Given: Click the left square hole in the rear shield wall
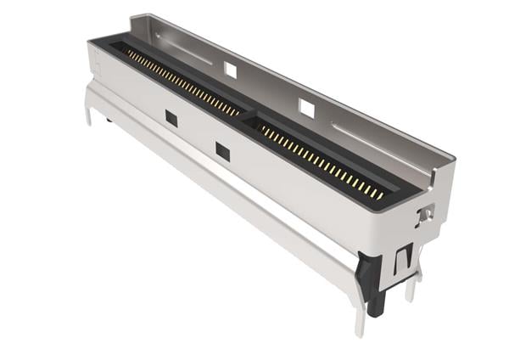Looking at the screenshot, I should coord(231,70).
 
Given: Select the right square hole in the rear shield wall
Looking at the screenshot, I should coord(307,109).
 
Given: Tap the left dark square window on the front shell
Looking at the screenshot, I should coord(171,119).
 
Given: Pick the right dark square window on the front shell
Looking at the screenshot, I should coord(222,152).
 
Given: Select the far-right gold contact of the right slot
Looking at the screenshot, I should coord(381,196).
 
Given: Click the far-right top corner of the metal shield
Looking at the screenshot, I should coord(454,158).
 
